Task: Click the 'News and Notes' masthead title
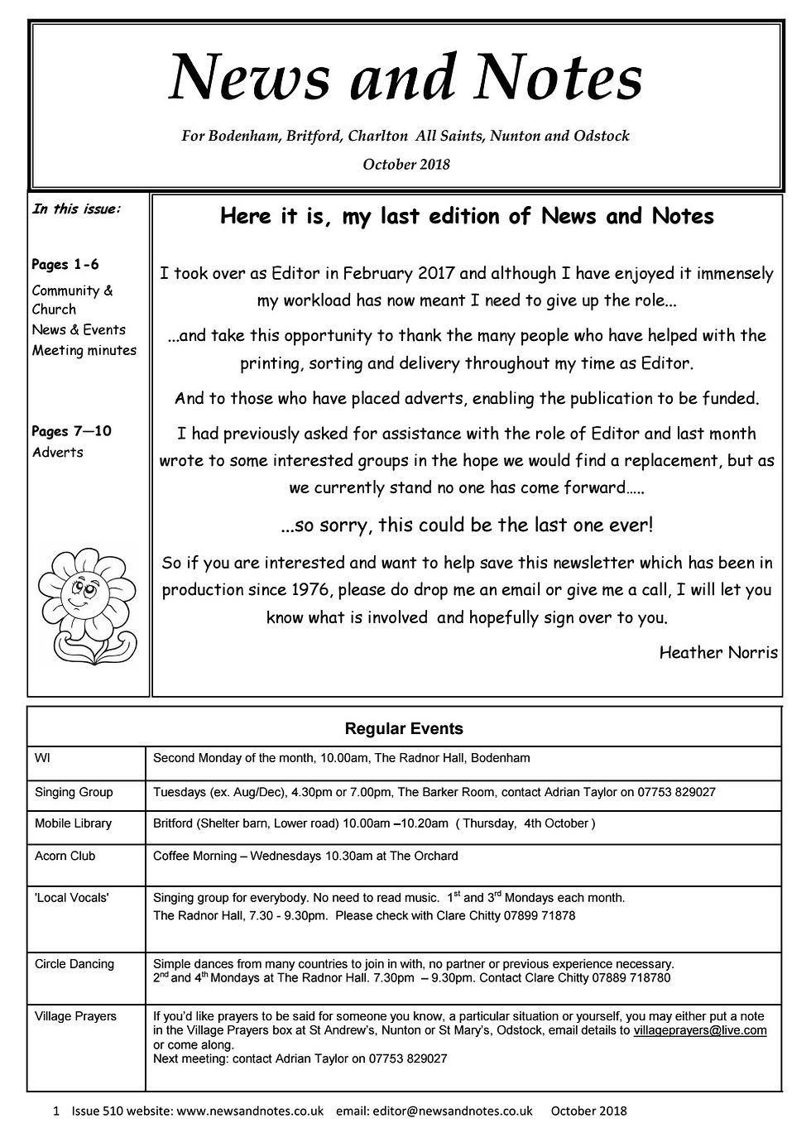pos(405,79)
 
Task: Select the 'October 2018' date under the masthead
pos(406,164)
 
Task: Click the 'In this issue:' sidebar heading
pos(76,209)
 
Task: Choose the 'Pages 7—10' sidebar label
pos(71,431)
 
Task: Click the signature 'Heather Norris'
pos(718,652)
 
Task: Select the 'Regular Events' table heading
pos(404,729)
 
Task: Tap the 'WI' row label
pos(42,758)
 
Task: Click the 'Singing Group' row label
pos(74,792)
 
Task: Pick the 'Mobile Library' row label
pos(73,823)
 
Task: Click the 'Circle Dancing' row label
pos(74,964)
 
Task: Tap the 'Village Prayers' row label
pos(75,1016)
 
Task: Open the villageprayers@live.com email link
pos(700,1030)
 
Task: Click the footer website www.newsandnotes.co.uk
pos(250,1111)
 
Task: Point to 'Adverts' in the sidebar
pos(58,452)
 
